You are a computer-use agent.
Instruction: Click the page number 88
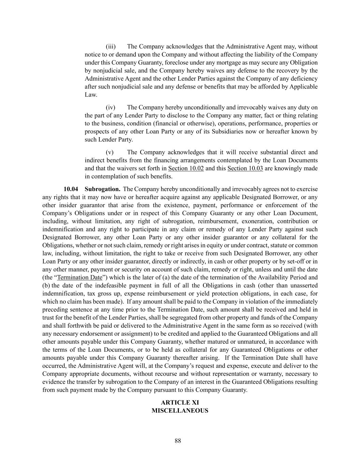click(178, 441)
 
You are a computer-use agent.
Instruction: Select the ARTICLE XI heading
click(180, 403)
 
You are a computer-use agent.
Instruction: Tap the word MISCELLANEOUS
click(180, 411)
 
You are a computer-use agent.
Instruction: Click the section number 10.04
click(71, 189)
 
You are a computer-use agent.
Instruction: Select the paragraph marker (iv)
click(111, 108)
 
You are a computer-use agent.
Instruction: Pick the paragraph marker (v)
click(110, 152)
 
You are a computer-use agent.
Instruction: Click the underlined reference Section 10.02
click(186, 168)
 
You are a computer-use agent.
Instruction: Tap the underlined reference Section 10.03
click(245, 168)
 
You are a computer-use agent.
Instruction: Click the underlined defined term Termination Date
click(80, 278)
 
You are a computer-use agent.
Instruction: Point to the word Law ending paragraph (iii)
click(90, 95)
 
